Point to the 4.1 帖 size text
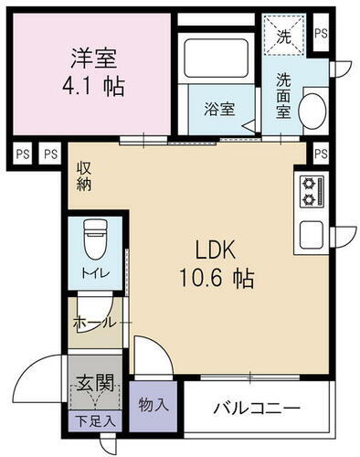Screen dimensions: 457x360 click(x=94, y=88)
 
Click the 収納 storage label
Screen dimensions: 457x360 click(x=83, y=177)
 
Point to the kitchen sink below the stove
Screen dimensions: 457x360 click(x=311, y=233)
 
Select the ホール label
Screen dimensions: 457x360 click(x=93, y=323)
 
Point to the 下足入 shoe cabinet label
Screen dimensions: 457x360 click(x=94, y=421)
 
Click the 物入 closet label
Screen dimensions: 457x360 click(x=154, y=401)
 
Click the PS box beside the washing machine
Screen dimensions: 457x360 click(x=320, y=33)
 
